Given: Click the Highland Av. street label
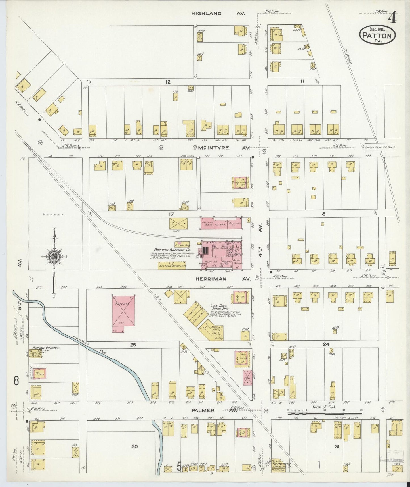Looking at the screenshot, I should [x=218, y=13].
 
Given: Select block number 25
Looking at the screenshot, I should [x=133, y=345].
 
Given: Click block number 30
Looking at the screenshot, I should [x=134, y=446].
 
